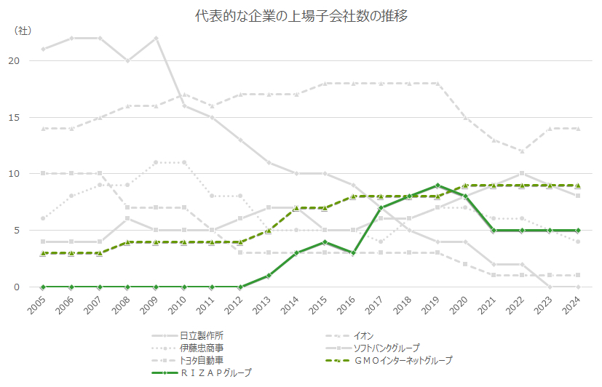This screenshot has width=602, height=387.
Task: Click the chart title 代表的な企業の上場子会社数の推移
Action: click(x=301, y=16)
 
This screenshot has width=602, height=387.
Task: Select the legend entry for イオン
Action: click(x=364, y=335)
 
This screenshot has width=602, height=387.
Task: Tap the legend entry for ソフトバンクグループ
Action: click(x=386, y=348)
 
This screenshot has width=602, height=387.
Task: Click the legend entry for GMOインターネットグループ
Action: click(x=402, y=360)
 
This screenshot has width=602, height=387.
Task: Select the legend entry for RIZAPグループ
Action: click(x=215, y=372)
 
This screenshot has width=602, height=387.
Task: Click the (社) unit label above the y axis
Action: click(x=23, y=31)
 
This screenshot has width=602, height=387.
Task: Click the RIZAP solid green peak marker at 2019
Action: click(x=437, y=185)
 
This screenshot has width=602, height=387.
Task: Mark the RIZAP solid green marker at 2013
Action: click(x=268, y=276)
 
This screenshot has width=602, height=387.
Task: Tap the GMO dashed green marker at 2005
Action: click(x=44, y=253)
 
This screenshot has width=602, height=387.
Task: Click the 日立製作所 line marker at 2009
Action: click(x=156, y=38)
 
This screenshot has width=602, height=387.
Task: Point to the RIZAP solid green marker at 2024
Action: click(x=577, y=231)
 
